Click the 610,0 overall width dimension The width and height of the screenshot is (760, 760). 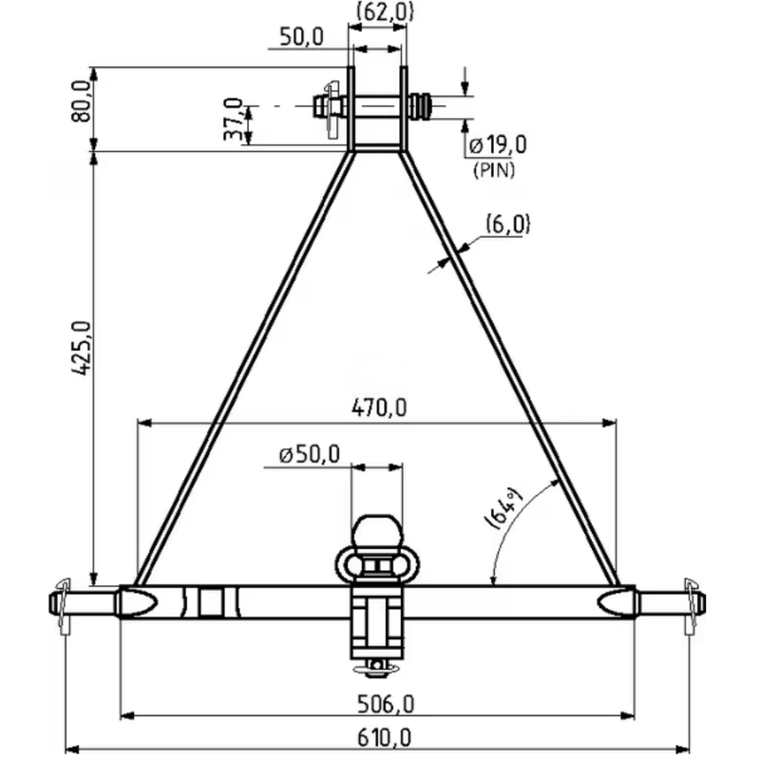(384, 738)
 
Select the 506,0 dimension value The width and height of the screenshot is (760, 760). (386, 704)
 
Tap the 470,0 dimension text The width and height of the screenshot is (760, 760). (378, 408)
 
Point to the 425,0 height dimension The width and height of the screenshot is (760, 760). (81, 348)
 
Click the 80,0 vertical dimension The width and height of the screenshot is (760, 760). (81, 102)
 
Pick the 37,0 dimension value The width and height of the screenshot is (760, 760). (233, 119)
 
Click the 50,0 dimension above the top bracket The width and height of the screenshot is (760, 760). (301, 37)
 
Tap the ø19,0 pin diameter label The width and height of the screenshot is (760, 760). (498, 144)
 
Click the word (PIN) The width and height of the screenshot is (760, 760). (494, 170)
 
